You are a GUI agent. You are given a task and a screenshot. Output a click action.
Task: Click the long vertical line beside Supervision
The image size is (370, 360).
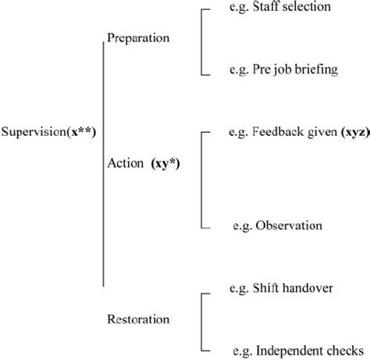(104, 164)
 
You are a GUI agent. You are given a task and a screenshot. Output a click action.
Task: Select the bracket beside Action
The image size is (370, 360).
(202, 180)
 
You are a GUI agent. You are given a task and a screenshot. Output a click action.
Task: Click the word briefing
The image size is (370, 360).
(318, 70)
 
